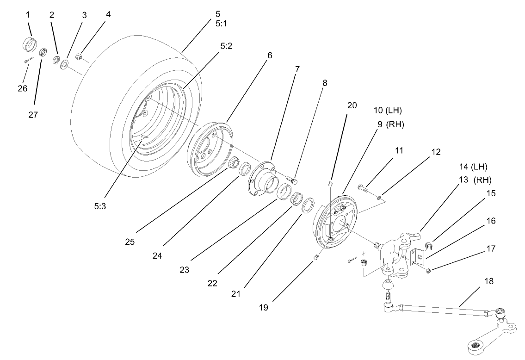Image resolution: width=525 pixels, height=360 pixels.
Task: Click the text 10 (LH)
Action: [388, 110]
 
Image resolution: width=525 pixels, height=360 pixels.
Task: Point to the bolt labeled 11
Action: [363, 188]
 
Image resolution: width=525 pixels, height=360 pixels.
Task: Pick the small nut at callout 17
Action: [428, 271]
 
